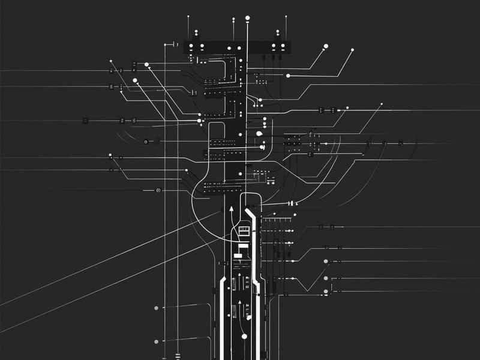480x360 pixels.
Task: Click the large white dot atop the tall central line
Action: coord(247,19)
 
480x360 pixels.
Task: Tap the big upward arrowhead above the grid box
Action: coord(231,209)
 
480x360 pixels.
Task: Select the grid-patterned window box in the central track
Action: coord(244,230)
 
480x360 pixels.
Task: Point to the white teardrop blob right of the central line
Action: coord(259,134)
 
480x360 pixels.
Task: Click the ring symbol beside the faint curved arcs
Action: coord(145,142)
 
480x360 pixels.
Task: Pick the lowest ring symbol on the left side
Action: coord(158,190)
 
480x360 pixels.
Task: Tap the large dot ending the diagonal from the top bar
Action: coord(326,46)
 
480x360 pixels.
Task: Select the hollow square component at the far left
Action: coord(85,121)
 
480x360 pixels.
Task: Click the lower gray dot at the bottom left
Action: coord(157,341)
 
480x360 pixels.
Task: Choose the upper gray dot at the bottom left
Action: coord(157,308)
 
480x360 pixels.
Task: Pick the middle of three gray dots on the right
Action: coord(326,278)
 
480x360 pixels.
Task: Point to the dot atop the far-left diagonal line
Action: coord(111,61)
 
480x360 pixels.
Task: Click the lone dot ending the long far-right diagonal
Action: coord(381,105)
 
